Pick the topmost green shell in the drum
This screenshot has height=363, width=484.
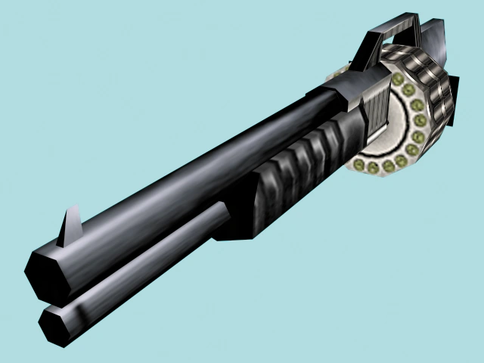pyautogui.click(x=396, y=79)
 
